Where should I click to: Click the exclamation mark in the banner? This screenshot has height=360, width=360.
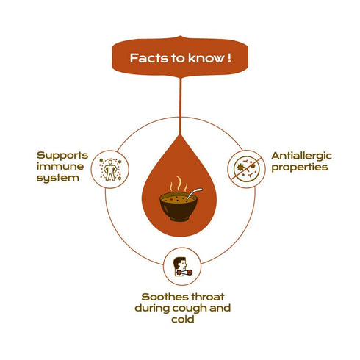229,58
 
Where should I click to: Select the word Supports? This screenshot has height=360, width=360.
62,156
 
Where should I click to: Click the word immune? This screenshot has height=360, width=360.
60,167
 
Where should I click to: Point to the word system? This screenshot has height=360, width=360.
58,179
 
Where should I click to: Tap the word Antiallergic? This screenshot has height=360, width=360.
301,156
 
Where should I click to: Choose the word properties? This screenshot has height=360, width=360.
300,168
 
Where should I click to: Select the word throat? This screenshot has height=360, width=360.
208,297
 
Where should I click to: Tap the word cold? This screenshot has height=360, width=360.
183,320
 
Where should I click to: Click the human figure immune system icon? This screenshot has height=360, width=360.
110,170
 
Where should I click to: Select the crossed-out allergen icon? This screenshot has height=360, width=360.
246,169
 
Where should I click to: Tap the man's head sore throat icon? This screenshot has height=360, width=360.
182,267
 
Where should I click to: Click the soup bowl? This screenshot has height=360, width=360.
179,206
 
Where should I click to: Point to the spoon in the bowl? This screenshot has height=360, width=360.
194,194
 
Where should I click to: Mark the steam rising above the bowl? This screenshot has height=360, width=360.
179,184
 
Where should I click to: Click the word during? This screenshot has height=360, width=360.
152,308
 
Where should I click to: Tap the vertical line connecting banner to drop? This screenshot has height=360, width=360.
181,107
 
